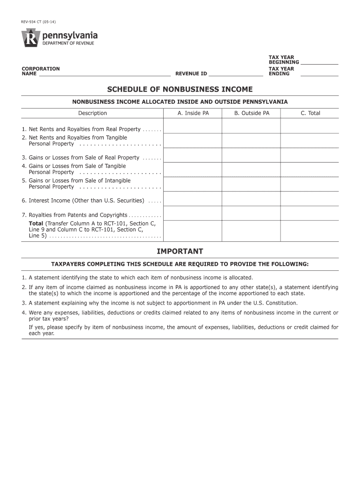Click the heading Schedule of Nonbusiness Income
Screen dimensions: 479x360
click(180, 89)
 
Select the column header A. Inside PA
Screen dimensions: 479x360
click(193, 113)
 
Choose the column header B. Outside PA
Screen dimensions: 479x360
click(252, 113)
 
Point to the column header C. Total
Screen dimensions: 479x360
click(310, 113)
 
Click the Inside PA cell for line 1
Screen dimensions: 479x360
click(193, 127)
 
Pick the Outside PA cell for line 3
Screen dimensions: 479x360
click(252, 155)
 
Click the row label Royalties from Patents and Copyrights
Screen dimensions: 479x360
click(78, 215)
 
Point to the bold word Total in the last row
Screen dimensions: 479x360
click(36, 224)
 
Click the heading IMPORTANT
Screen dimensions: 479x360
click(180, 252)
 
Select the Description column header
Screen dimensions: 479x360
click(92, 113)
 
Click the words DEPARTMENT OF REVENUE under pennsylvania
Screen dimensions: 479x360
click(68, 44)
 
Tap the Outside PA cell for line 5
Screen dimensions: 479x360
click(252, 184)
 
